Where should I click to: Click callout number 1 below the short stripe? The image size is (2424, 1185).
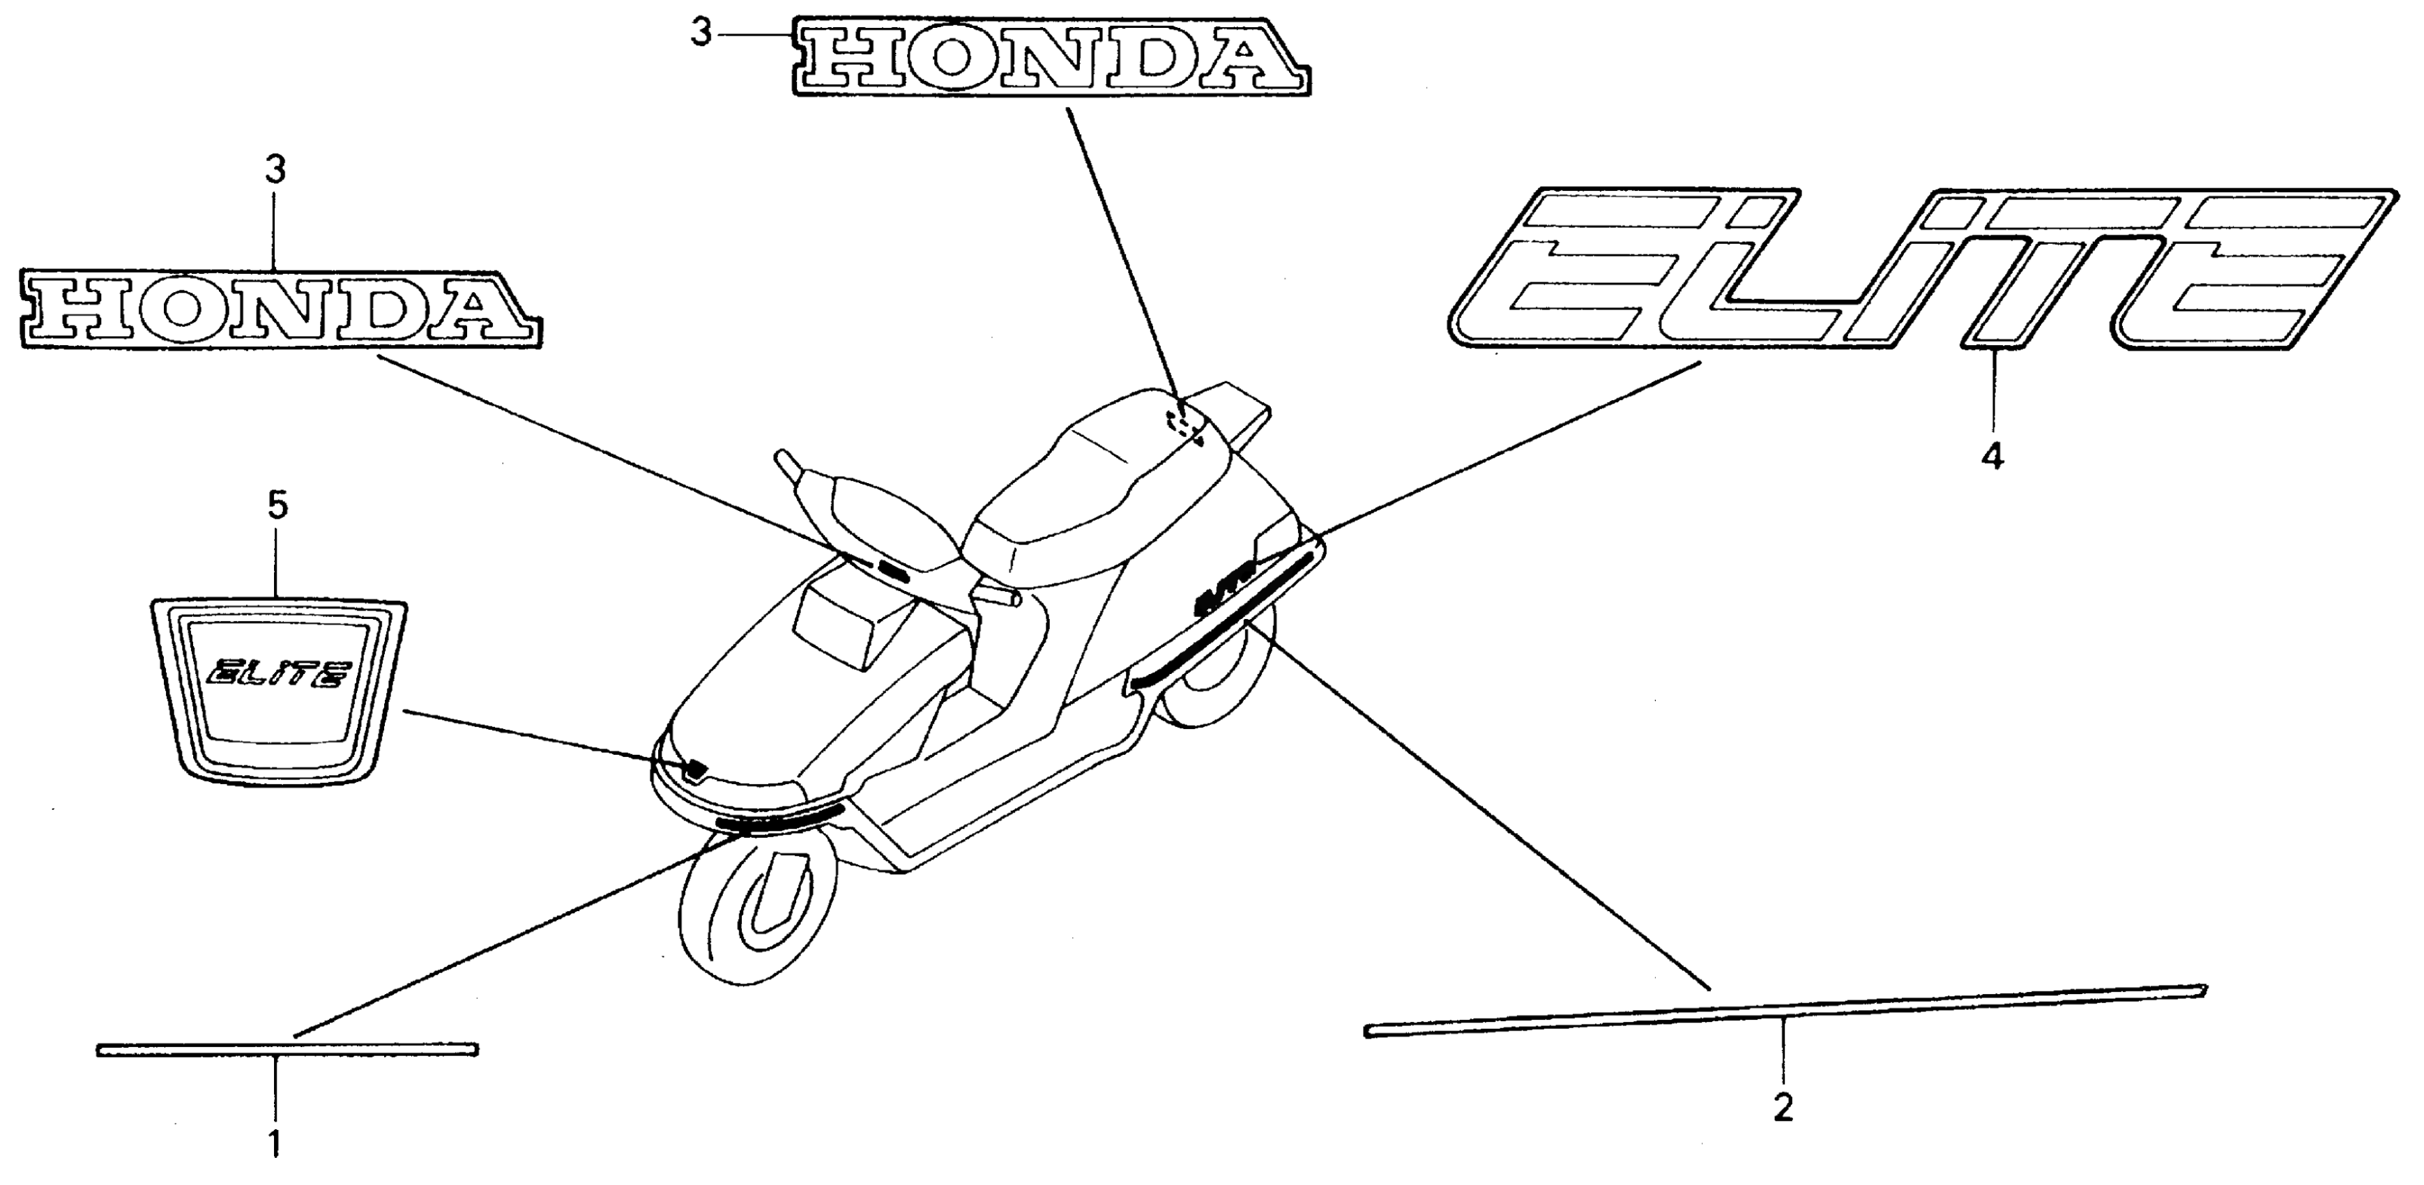point(275,1144)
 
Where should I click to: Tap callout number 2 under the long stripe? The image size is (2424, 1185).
point(1782,1108)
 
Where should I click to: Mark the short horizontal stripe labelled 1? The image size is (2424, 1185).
point(287,1050)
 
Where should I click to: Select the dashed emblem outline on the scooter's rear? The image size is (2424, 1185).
point(1184,424)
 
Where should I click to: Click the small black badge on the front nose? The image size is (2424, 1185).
point(695,768)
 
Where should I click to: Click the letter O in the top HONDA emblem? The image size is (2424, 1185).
point(950,57)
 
